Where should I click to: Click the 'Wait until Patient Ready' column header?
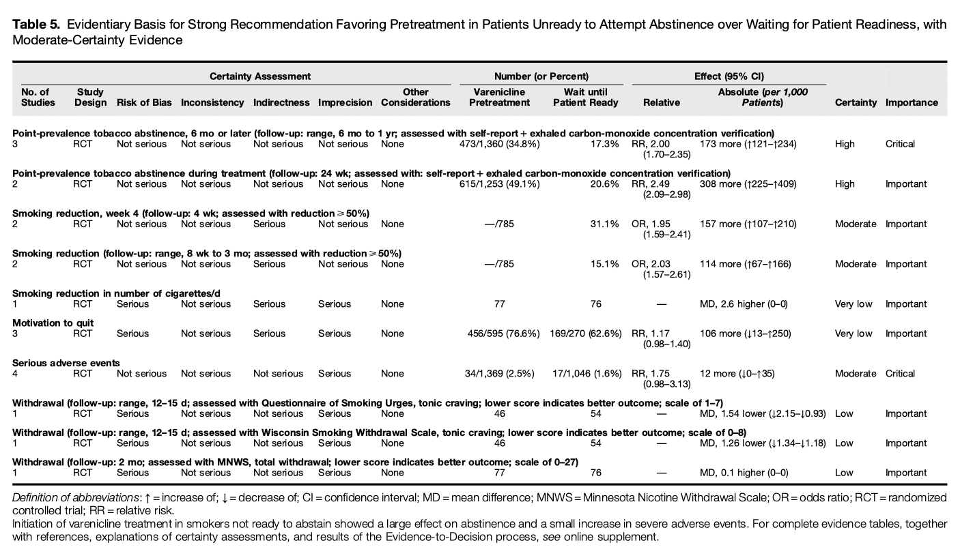[x=585, y=97]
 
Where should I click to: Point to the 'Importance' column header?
[x=911, y=102]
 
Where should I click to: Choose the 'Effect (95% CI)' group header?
[x=729, y=76]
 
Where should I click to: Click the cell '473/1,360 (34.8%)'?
[x=499, y=144]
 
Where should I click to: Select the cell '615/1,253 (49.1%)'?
[x=499, y=184]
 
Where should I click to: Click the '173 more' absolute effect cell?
[x=748, y=144]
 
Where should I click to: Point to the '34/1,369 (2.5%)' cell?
[x=499, y=374]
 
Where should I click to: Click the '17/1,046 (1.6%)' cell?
[x=585, y=374]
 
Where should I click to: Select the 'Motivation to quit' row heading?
[x=53, y=323]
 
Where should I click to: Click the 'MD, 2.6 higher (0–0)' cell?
[x=745, y=304]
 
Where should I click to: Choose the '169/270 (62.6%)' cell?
[x=585, y=334]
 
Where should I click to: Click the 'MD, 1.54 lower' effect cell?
[x=763, y=414]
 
